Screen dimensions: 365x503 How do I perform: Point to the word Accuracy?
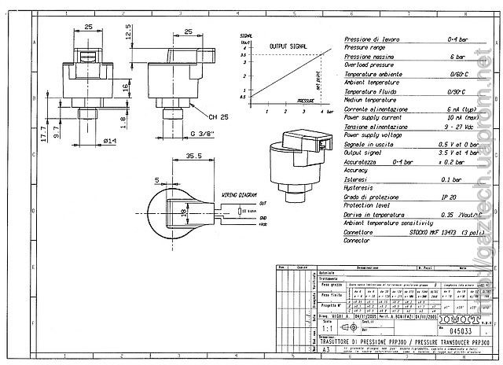[x=356, y=170]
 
